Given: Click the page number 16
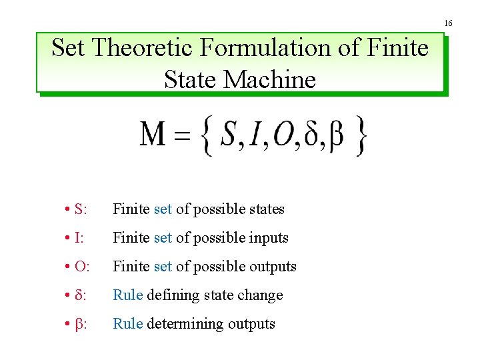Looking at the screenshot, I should pos(448,23).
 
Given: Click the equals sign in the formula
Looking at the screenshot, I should pos(181,137).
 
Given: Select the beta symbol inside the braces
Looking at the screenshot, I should pos(337,137).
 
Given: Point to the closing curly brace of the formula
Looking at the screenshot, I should pos(361,136).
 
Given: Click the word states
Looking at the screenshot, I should pos(266,209).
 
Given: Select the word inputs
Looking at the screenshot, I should pos(267,238).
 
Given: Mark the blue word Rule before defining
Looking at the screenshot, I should pos(128,295).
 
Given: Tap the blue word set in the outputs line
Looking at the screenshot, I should pos(163,267).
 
